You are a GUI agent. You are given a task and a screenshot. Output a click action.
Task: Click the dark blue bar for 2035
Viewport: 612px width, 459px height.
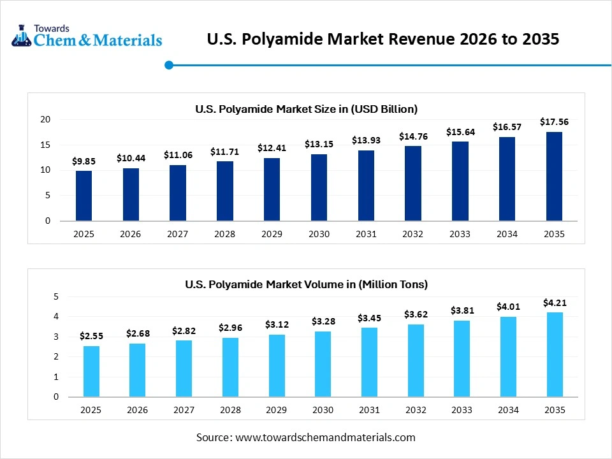[554, 177]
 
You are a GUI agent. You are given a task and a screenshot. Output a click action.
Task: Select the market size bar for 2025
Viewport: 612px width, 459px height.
[84, 196]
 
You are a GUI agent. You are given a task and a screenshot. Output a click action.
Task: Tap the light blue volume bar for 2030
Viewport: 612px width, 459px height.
[323, 364]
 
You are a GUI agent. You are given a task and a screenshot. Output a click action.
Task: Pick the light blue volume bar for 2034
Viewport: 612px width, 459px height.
[507, 356]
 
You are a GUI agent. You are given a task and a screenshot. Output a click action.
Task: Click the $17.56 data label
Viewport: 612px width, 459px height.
[554, 122]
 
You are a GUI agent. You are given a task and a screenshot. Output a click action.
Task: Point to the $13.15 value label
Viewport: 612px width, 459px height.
[319, 144]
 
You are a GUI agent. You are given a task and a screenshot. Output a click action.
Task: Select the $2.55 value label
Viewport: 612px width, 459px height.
[91, 335]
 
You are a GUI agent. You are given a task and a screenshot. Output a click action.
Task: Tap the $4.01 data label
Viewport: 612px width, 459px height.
[507, 307]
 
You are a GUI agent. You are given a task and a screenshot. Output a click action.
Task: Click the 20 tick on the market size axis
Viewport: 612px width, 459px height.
[45, 119]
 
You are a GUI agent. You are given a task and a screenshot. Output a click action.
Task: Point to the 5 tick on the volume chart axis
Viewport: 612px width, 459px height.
[55, 296]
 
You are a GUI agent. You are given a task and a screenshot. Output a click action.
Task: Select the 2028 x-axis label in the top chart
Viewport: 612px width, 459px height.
[224, 234]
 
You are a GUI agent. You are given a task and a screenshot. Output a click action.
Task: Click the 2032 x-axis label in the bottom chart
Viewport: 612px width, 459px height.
[414, 410]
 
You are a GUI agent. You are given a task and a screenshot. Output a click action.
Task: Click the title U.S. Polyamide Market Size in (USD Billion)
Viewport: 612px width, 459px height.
[306, 109]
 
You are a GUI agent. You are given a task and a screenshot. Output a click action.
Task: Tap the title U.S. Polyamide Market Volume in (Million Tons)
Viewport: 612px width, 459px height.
[306, 284]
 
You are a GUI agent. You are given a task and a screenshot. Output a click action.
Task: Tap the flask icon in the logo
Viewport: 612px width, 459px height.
[22, 36]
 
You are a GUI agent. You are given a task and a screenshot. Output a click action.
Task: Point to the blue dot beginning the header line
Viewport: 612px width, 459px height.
[169, 64]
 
